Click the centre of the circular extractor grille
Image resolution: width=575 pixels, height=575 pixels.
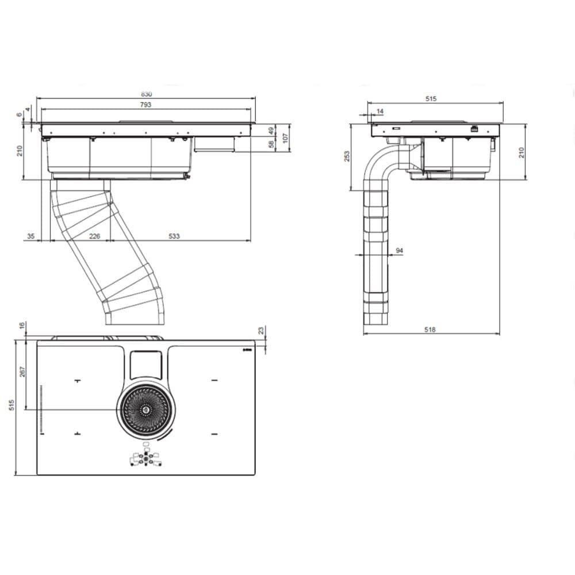[x=146, y=409]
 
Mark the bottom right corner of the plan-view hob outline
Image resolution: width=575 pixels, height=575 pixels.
[x=255, y=475]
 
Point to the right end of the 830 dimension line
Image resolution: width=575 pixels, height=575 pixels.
[x=256, y=98]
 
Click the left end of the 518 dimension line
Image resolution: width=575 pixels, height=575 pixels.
[x=363, y=334]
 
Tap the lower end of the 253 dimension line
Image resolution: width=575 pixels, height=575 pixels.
[x=351, y=190]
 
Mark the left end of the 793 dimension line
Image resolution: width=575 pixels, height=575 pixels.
[x=41, y=109]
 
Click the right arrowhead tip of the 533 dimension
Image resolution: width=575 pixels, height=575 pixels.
[x=251, y=241]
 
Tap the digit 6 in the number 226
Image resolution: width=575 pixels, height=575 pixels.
[x=98, y=236]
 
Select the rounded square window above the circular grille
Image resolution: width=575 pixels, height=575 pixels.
[x=145, y=365]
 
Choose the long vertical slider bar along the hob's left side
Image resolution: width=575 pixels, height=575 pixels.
[x=41, y=408]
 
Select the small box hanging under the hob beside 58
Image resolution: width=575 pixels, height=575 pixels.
[x=214, y=144]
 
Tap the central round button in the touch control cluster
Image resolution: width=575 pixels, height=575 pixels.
[x=145, y=459]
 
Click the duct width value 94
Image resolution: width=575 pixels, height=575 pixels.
[x=400, y=251]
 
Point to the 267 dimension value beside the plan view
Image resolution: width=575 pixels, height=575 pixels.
[x=22, y=371]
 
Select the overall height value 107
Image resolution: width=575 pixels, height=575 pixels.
[x=286, y=138]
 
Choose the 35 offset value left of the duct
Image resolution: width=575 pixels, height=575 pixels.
[x=31, y=236]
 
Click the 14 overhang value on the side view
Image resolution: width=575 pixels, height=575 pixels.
[x=380, y=111]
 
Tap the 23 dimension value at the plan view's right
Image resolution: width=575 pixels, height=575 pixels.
[x=260, y=331]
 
